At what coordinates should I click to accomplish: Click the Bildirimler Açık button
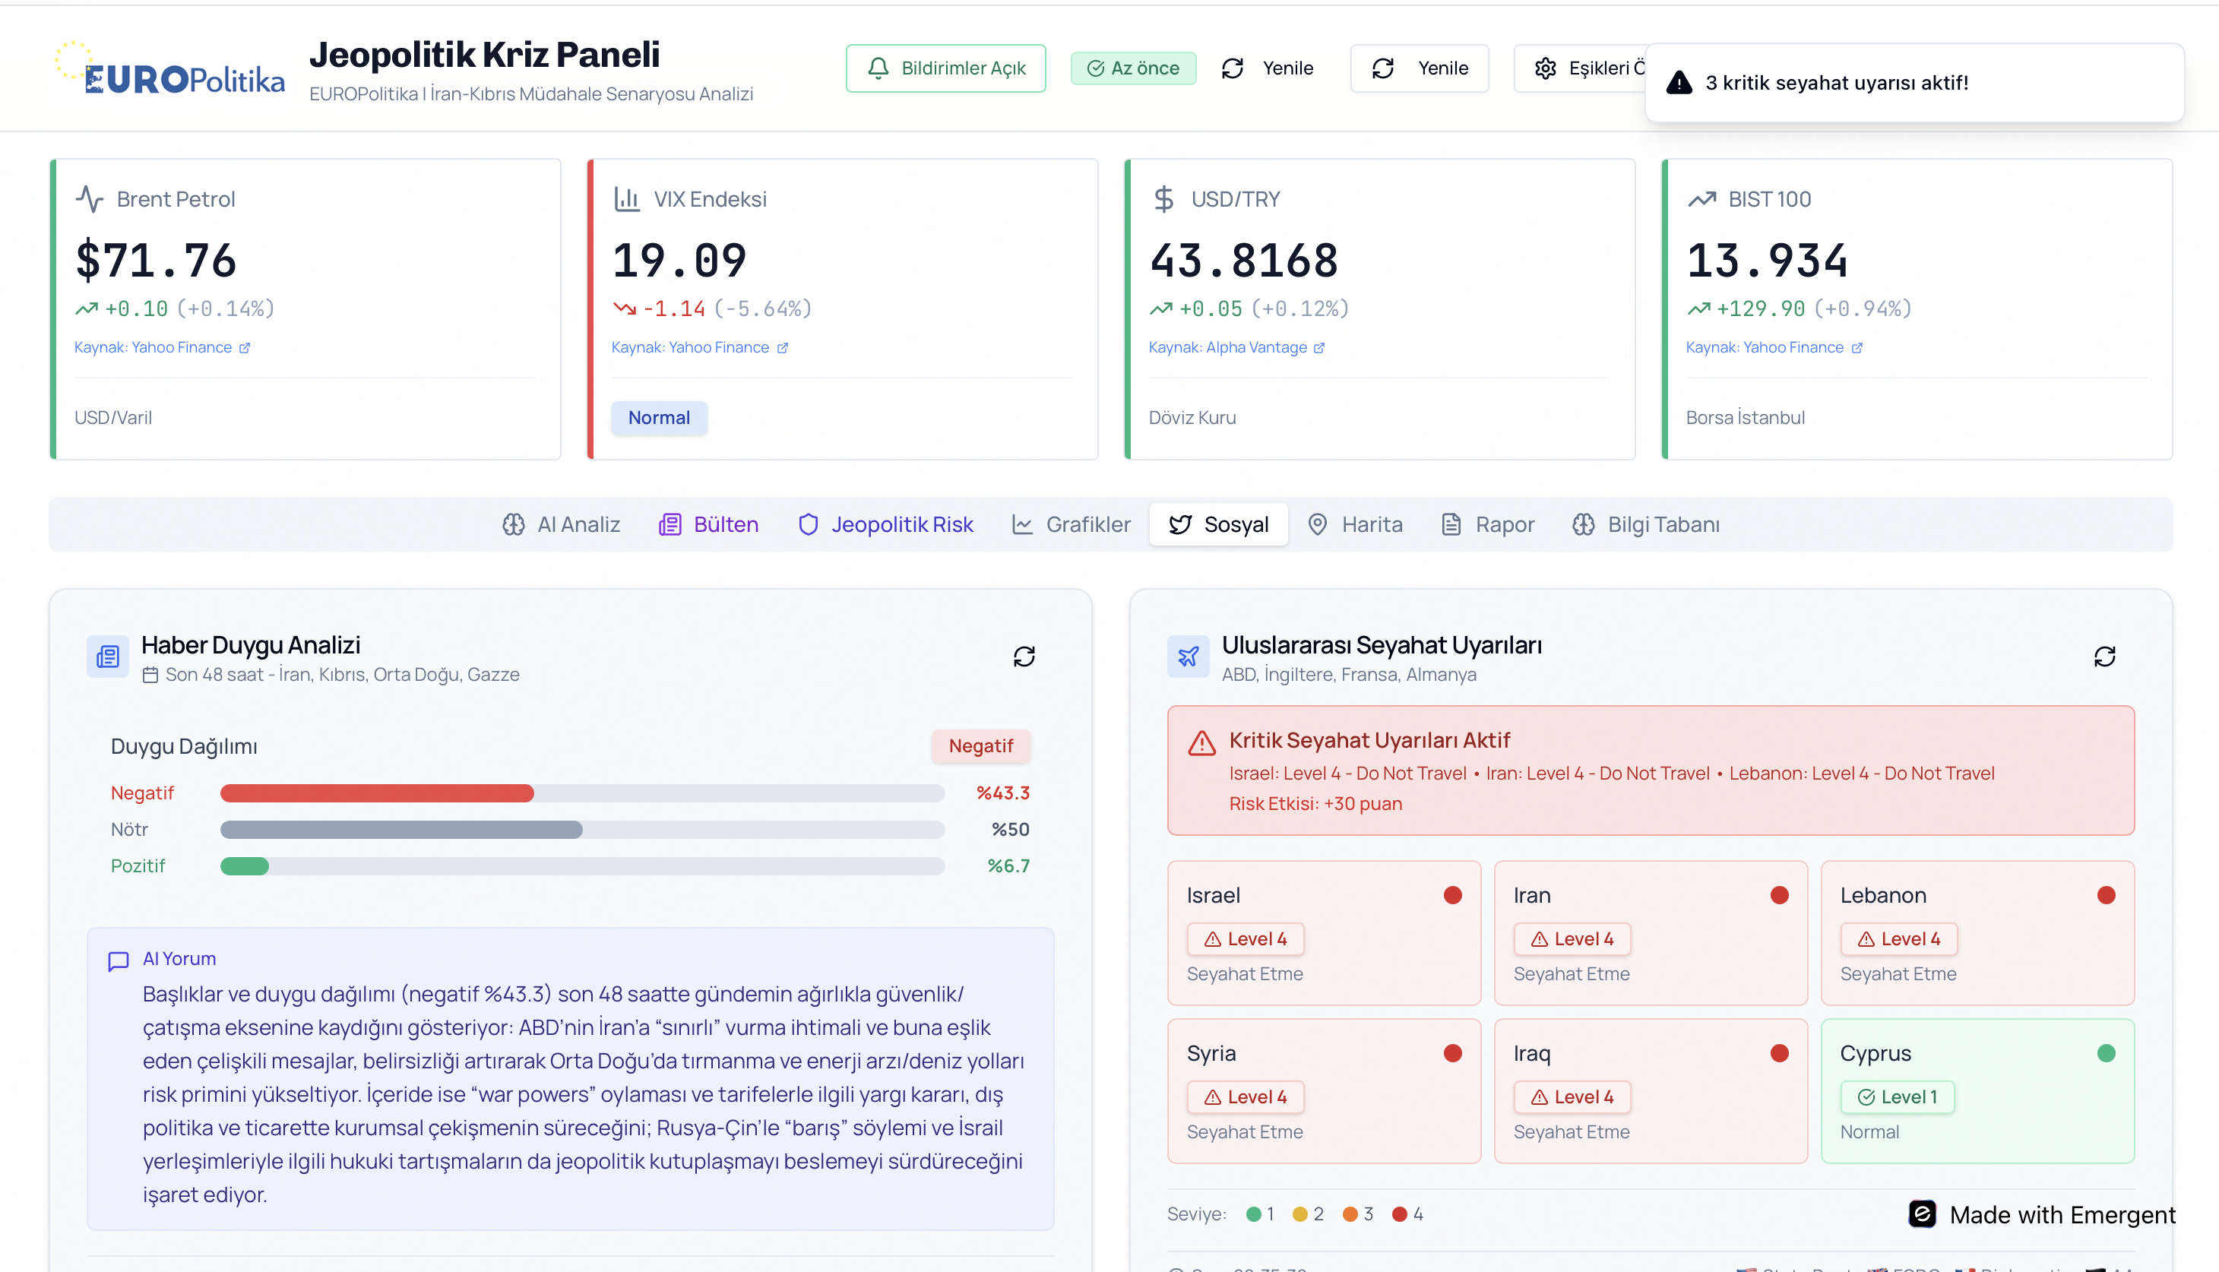pos(945,68)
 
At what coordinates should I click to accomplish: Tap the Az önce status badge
pos(1133,68)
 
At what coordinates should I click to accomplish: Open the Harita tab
pos(1355,524)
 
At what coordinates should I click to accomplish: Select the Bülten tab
pos(708,524)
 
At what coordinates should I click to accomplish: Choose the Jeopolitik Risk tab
pos(886,524)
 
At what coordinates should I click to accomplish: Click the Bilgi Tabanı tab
pos(1646,524)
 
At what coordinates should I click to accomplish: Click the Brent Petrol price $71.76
pos(157,261)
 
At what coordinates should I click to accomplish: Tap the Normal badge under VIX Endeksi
pos(659,418)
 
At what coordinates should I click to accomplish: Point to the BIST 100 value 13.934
pos(1767,261)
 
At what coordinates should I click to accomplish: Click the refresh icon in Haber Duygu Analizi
pos(1024,656)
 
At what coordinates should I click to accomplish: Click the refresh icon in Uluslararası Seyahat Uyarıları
pos(2104,656)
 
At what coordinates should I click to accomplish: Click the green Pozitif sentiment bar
pos(245,865)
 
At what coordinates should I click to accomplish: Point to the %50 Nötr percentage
pos(1010,829)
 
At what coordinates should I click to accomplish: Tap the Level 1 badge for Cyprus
pos(1898,1096)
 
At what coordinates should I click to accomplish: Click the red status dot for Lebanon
pos(2107,894)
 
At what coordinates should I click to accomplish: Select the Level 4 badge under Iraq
pos(1572,1096)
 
